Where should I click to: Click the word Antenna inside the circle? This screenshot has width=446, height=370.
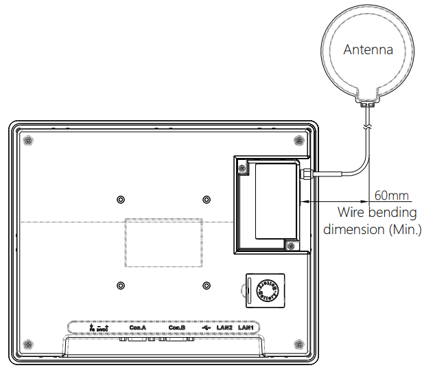[x=368, y=50]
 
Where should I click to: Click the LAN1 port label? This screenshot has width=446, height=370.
[x=248, y=327]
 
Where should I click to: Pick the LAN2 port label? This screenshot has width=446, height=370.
[x=224, y=327]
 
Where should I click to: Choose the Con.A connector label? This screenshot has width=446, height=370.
[x=138, y=327]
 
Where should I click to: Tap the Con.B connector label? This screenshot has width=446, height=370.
[x=177, y=327]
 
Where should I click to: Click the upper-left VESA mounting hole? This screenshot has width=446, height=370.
[x=121, y=199]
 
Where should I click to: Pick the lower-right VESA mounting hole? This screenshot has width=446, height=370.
[x=207, y=285]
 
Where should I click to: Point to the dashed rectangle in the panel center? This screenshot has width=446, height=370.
[x=163, y=242]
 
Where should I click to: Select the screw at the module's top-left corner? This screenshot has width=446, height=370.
[x=242, y=166]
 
